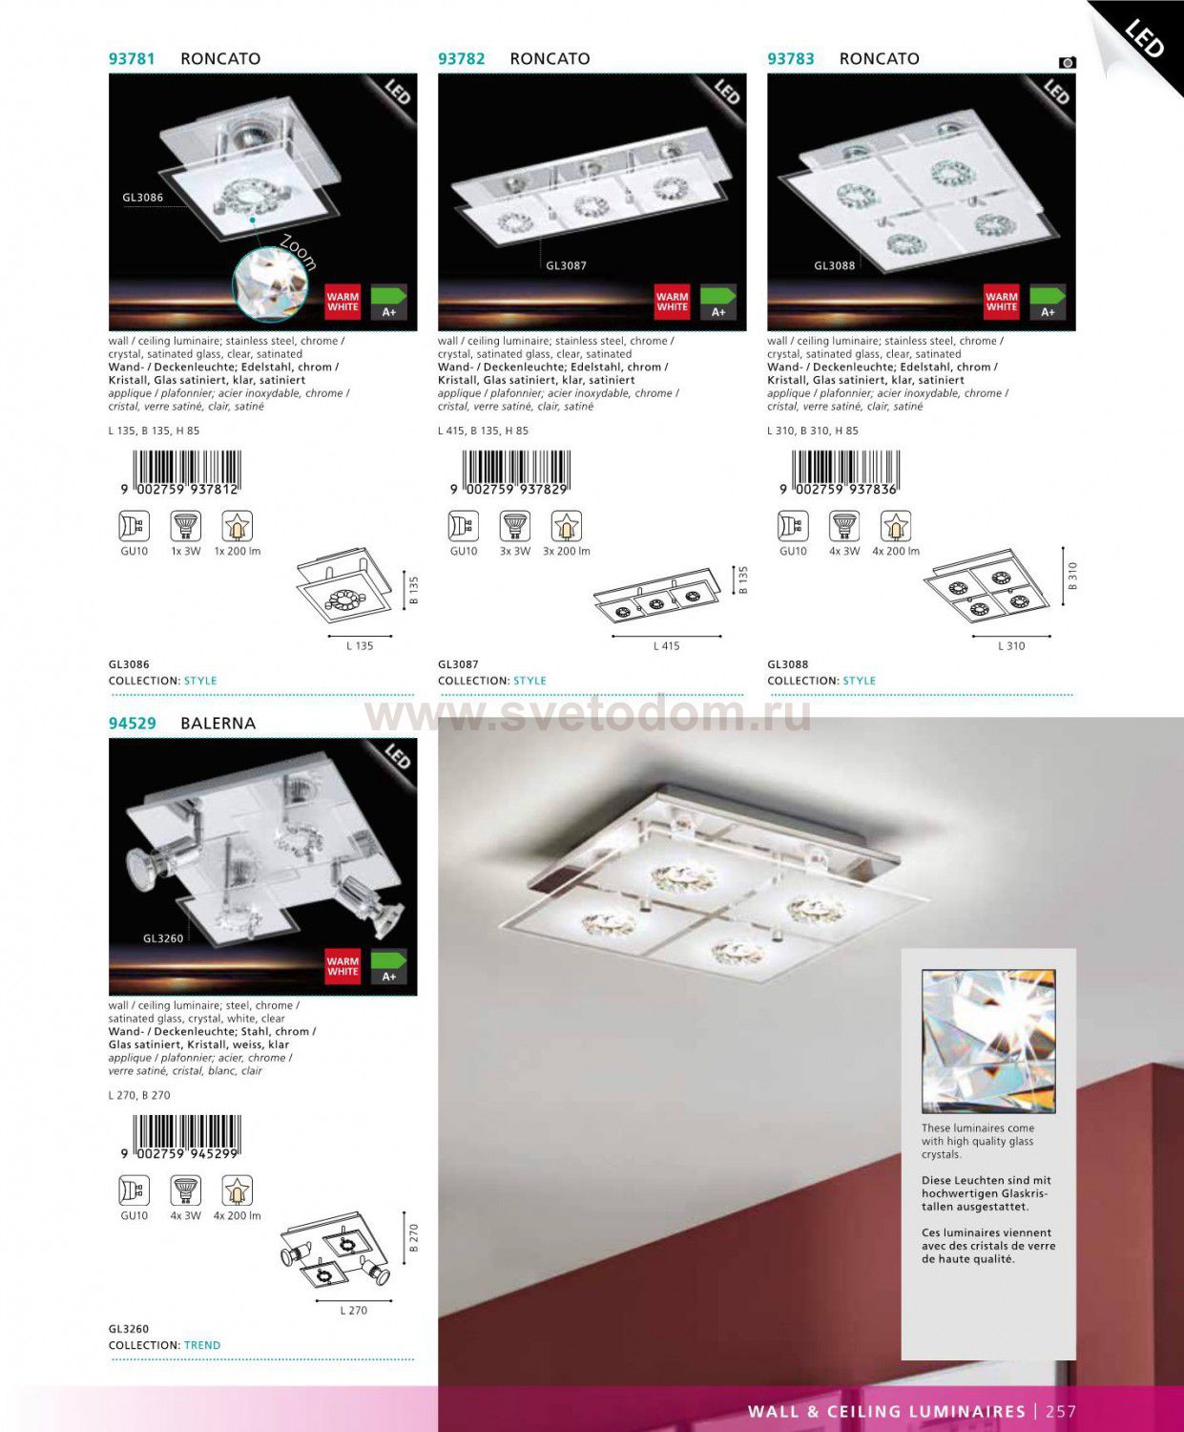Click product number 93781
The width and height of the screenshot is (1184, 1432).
pos(132,59)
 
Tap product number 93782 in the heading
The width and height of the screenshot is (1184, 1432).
pos(462,59)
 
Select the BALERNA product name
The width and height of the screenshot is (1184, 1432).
pos(218,724)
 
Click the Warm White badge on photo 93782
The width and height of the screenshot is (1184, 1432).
pos(672,302)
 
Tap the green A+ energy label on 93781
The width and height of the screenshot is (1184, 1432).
pos(388,302)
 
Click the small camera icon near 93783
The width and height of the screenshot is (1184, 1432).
pos(1068,62)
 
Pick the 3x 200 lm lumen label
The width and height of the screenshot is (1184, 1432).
pos(567,552)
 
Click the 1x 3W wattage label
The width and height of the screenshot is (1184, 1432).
pos(186,552)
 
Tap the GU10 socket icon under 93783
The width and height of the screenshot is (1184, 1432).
pos(793,527)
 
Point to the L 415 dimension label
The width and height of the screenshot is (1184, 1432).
pos(666,646)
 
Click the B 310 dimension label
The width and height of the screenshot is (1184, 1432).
pos(1073,576)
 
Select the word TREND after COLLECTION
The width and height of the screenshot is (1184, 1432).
pos(202,1345)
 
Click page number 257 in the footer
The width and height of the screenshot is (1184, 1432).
pos(1061,1411)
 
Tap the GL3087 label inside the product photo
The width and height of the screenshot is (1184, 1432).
pos(567,266)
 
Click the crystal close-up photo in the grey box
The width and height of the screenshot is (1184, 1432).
pos(988,1042)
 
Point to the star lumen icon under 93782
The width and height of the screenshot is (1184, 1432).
pos(567,527)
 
